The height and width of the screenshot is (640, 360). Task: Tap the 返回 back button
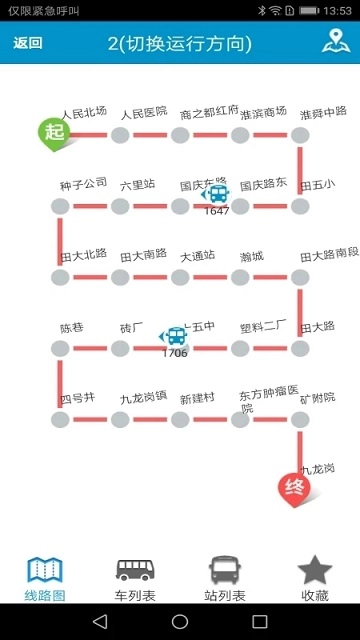click(28, 44)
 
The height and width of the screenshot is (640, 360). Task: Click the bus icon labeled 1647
click(216, 196)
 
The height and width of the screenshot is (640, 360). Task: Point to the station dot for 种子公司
click(60, 206)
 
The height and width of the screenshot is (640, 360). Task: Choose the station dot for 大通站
click(180, 277)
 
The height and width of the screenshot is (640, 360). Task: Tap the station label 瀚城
click(251, 256)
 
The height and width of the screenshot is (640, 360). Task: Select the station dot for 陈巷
click(60, 349)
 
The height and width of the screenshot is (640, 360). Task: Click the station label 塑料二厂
click(263, 327)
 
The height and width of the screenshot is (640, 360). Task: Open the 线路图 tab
click(45, 580)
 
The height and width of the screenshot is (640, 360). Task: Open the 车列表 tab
click(135, 580)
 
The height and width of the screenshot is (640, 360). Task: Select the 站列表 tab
click(225, 580)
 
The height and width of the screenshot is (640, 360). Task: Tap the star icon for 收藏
click(315, 570)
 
